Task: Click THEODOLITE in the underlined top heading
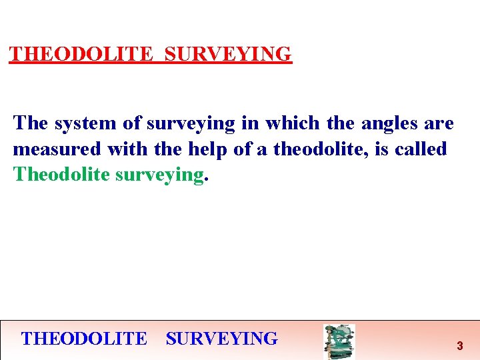point(81,54)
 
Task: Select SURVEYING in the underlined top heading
point(228,54)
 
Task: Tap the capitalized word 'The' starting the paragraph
point(31,123)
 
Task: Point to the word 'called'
point(421,149)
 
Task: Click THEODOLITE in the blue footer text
point(84,339)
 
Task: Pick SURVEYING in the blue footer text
point(222,339)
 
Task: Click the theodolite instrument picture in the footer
point(339,341)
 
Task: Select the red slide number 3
point(459,346)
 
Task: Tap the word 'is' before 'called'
point(383,149)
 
